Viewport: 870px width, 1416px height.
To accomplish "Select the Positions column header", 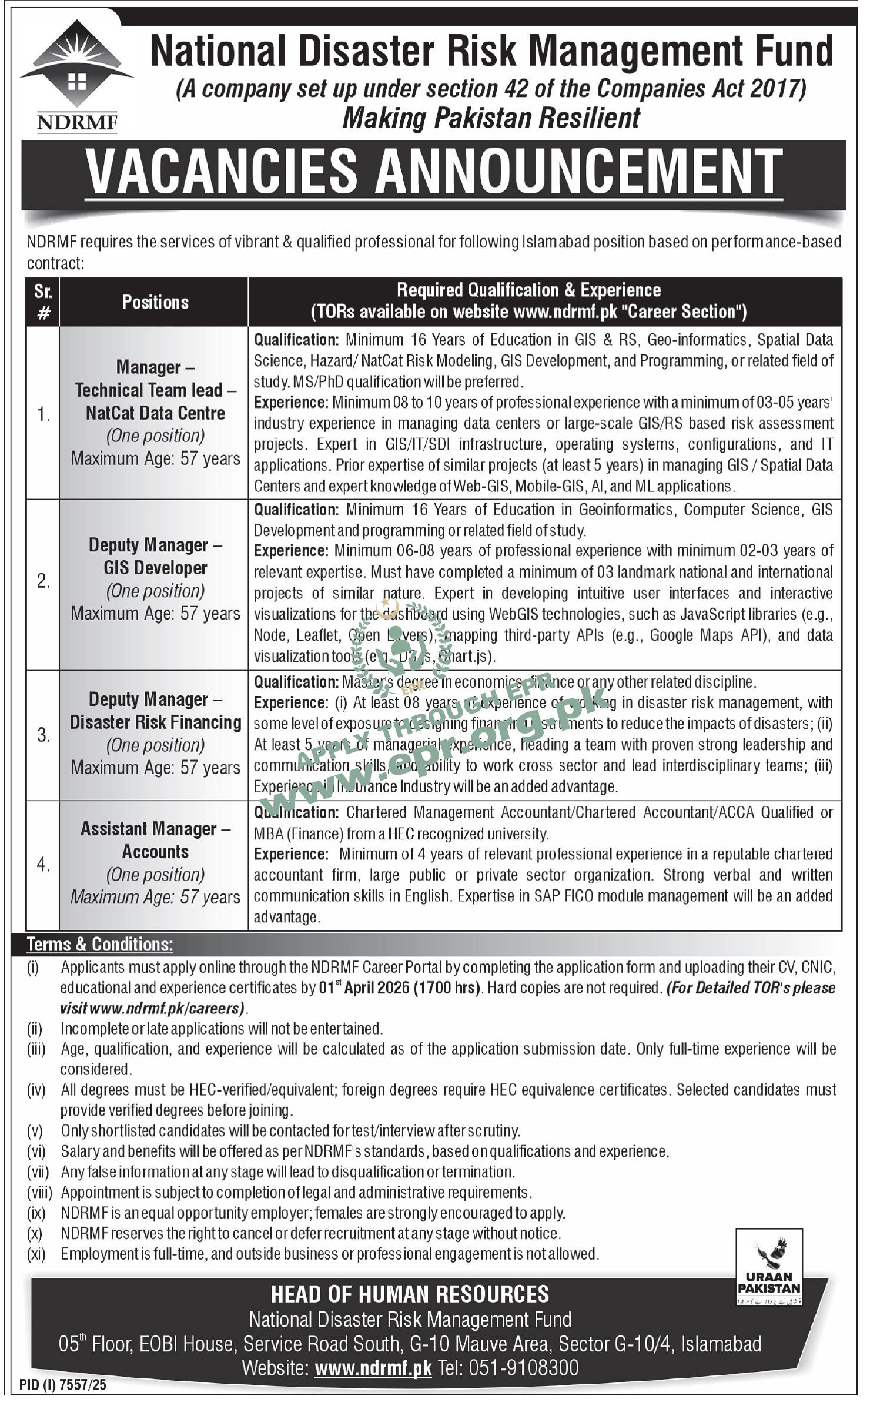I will [155, 302].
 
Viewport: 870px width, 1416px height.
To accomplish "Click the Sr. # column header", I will [43, 302].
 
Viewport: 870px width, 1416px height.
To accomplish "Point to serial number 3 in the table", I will [43, 735].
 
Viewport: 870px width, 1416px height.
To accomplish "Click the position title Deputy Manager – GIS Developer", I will [155, 556].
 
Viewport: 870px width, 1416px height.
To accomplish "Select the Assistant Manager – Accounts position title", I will [155, 840].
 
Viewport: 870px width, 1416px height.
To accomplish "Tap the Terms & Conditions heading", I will [100, 944].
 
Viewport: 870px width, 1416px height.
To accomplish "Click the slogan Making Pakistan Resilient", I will [491, 118].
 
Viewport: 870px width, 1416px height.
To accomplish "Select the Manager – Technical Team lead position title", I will [155, 390].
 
